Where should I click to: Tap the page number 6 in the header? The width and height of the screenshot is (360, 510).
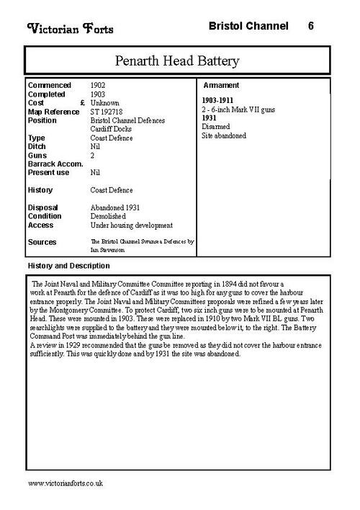(x=310, y=26)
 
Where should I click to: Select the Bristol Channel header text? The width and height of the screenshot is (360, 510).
(x=244, y=26)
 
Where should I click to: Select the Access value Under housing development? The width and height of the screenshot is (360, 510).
(x=132, y=225)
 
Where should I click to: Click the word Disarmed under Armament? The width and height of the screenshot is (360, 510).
(x=215, y=126)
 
